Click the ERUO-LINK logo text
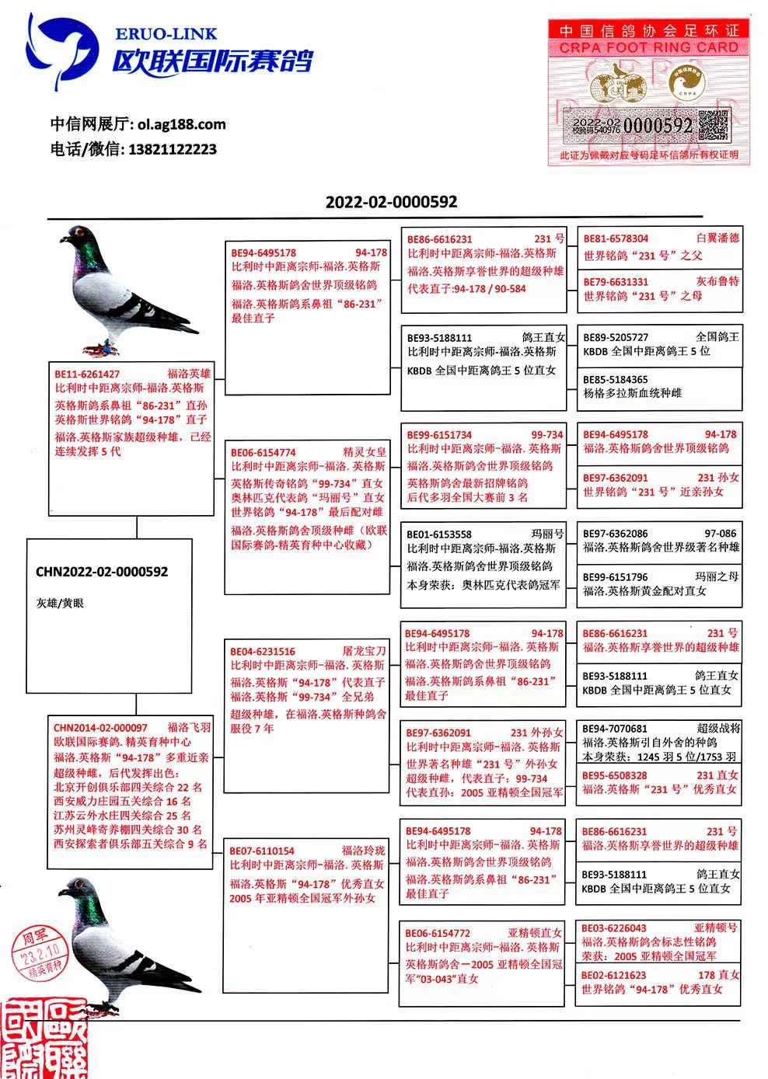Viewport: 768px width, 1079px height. pos(166,34)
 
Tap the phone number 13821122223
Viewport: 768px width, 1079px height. pos(172,149)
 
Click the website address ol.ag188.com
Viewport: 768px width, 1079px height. pos(181,124)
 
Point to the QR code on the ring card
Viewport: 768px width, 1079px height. pos(713,125)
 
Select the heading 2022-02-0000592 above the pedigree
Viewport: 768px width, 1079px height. pos(391,202)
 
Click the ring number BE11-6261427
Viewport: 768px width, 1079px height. pos(87,374)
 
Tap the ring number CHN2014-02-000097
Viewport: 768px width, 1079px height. pos(100,728)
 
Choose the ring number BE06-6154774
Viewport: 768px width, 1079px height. pos(264,452)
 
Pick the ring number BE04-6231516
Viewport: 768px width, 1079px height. pos(263,651)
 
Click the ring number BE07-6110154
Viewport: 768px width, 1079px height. pos(262,851)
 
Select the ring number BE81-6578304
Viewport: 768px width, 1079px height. pos(616,239)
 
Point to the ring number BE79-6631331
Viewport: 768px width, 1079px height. pos(616,282)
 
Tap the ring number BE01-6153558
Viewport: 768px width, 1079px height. pos(439,534)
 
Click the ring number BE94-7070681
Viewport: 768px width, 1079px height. pos(615,729)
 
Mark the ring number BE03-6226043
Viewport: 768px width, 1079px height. pos(614,928)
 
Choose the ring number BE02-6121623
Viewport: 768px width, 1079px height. pos(614,975)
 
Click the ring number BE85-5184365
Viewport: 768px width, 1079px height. pos(616,380)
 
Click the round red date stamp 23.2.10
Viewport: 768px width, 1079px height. pos(41,952)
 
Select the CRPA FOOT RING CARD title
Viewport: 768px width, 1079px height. pos(648,48)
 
